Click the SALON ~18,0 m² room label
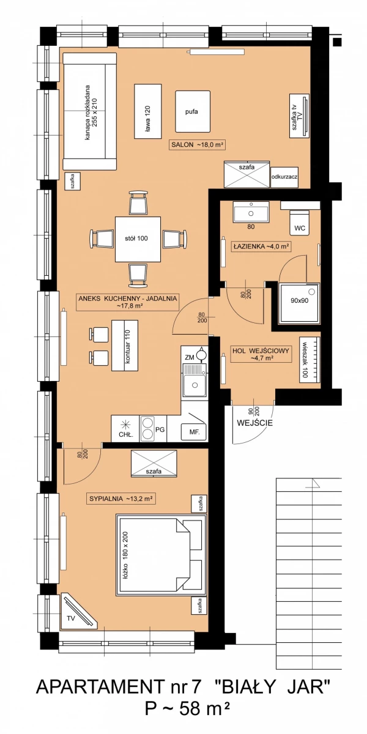tap(198, 144)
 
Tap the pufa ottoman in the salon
tap(192, 111)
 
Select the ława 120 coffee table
tap(148, 111)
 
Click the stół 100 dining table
tap(138, 239)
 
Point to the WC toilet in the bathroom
tap(300, 223)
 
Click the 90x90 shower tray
tap(299, 304)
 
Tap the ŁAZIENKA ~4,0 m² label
tap(261, 247)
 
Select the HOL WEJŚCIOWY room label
tap(261, 354)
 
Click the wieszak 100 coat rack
tap(310, 360)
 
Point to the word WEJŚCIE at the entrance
tap(254, 423)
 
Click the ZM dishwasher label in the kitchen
tap(190, 357)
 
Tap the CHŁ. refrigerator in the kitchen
tap(125, 429)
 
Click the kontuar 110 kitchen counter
tap(125, 346)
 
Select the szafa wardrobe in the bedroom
tap(154, 462)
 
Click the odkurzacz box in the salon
tap(284, 177)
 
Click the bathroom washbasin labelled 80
tap(251, 212)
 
